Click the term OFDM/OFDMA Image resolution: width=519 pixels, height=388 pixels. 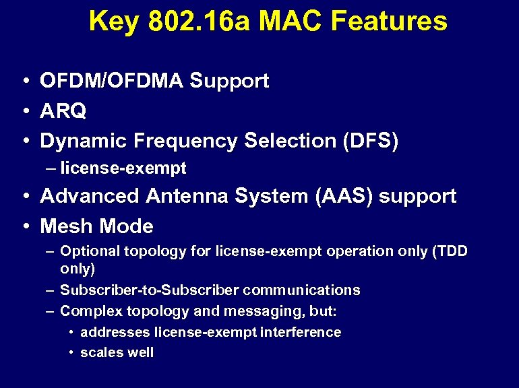111,82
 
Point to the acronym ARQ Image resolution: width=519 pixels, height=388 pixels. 63,111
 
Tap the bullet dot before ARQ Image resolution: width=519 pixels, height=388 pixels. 24,112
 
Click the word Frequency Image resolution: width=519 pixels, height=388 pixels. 187,141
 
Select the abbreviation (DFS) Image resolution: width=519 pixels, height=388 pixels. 370,141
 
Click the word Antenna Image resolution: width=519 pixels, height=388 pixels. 187,197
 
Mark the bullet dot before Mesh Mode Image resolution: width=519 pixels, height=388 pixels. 24,227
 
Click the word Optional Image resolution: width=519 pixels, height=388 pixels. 86,251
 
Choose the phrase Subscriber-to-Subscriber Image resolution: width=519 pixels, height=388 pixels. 150,290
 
